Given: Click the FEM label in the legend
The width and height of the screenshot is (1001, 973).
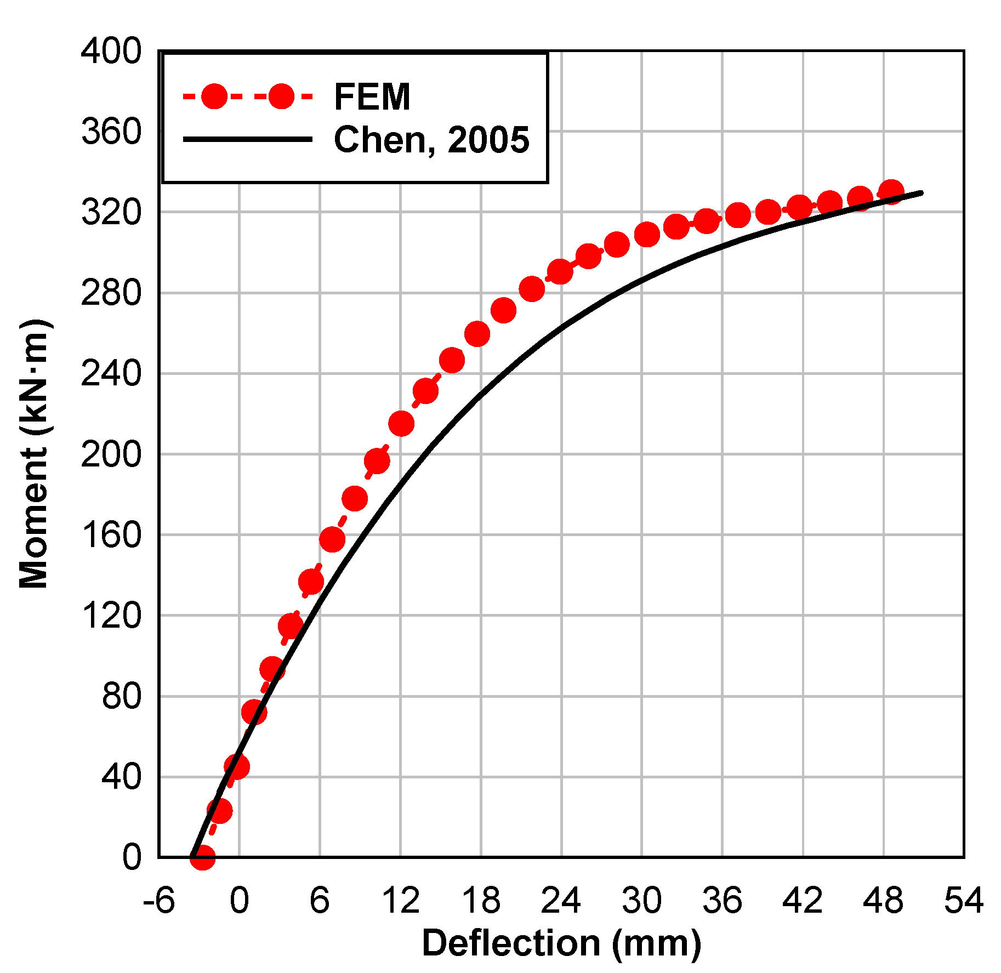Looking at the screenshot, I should point(372,97).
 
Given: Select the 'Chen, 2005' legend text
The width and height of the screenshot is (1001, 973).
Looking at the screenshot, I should point(431,140).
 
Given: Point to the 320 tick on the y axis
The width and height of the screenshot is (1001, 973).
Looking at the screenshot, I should point(111,213).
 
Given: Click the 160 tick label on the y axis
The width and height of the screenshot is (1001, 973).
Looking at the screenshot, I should point(111,535).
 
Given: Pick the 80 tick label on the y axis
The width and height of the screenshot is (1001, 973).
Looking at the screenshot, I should point(122,696).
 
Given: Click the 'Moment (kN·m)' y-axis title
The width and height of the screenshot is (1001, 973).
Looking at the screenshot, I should point(34,454).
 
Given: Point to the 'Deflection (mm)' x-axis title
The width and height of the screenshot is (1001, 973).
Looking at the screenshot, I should point(561,943).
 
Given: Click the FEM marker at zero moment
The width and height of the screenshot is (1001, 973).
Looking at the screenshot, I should point(202,857).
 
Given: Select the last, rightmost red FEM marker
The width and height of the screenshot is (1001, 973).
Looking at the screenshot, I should point(891,192).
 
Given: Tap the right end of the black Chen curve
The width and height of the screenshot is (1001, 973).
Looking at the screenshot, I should point(922,193).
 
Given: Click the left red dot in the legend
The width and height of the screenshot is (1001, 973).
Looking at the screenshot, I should point(214,97).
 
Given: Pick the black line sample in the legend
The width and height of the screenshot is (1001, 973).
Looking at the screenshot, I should point(248,139).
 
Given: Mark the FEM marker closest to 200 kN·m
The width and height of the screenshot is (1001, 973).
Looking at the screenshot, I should point(377,461).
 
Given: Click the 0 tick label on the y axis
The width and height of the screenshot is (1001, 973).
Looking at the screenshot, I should point(132,857).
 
